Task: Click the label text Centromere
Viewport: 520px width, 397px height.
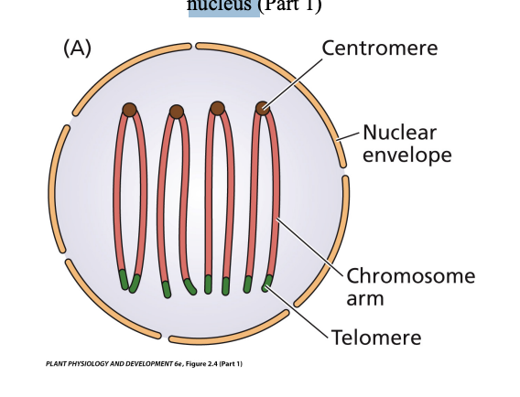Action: pyautogui.click(x=379, y=48)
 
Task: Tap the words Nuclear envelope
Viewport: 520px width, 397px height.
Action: pyautogui.click(x=406, y=144)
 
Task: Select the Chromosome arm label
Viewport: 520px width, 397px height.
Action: pyautogui.click(x=410, y=286)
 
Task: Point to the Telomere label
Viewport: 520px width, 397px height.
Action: pyautogui.click(x=376, y=338)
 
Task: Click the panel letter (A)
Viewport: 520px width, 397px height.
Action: pyautogui.click(x=77, y=48)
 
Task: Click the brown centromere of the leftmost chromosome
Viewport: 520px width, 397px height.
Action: pyautogui.click(x=129, y=110)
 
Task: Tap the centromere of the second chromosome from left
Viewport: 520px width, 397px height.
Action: pyautogui.click(x=176, y=112)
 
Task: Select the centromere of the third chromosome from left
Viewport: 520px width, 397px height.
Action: pyautogui.click(x=217, y=108)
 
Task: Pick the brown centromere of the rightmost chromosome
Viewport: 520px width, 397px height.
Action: pyautogui.click(x=263, y=108)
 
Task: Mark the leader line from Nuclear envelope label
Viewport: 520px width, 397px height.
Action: pyautogui.click(x=349, y=135)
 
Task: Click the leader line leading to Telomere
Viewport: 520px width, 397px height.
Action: pyautogui.click(x=298, y=312)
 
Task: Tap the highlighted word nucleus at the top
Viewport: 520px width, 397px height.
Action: pyautogui.click(x=223, y=7)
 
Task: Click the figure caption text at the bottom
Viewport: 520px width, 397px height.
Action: pyautogui.click(x=144, y=363)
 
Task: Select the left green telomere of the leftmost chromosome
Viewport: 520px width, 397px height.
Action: pyautogui.click(x=123, y=279)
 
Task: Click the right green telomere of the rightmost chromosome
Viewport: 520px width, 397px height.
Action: pyautogui.click(x=267, y=282)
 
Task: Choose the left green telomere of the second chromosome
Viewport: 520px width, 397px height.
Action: pyautogui.click(x=166, y=289)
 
